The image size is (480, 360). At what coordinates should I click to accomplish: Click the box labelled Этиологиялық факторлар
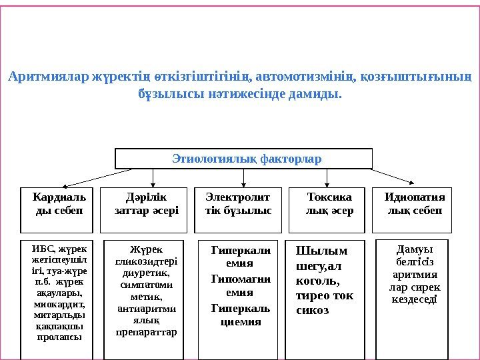coord(244,159)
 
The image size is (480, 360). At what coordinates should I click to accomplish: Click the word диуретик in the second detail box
coord(146,273)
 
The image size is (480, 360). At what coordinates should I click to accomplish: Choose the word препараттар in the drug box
coord(146,331)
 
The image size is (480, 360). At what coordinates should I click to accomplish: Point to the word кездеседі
coord(413,299)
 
